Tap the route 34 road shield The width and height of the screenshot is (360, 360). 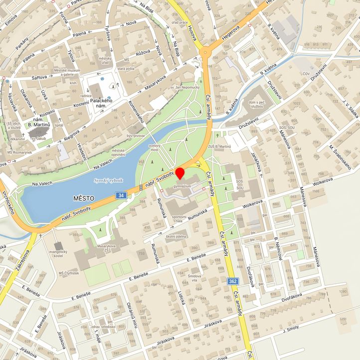(121, 196)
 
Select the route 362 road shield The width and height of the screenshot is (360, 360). (232, 281)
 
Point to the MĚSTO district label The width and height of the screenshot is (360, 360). (83, 198)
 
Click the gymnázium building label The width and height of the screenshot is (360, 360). (182, 186)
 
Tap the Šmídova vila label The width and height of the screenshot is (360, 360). (191, 277)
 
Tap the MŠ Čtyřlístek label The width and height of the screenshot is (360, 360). (69, 273)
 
